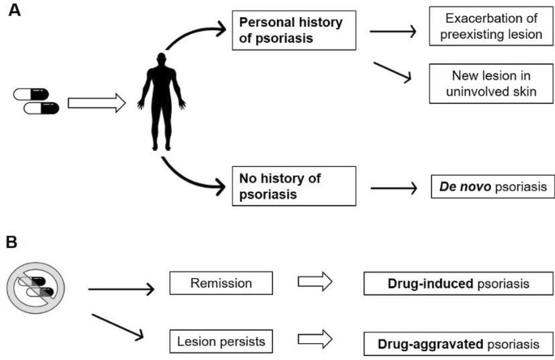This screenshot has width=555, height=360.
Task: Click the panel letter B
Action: click(12, 242)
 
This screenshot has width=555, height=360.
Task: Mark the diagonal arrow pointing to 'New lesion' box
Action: click(390, 71)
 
